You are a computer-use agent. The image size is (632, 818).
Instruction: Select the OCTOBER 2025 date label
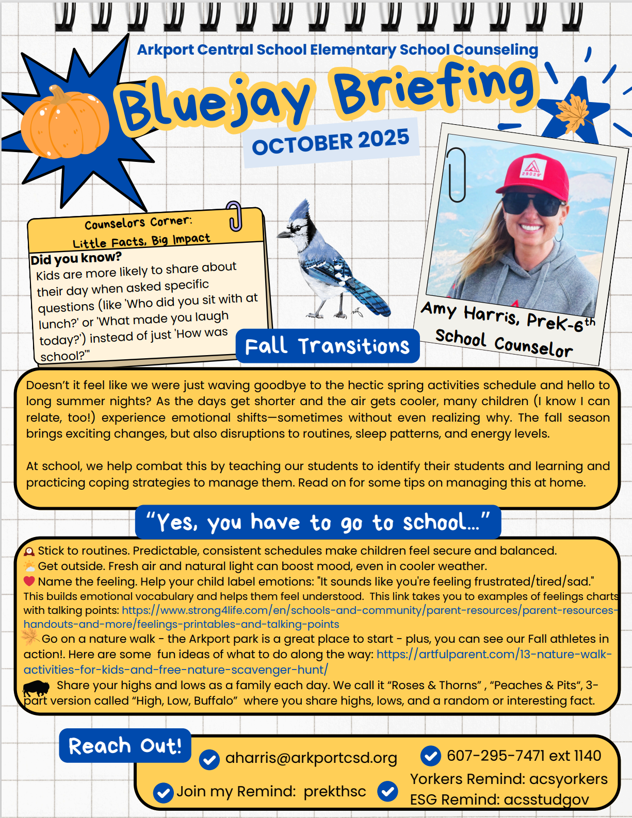coord(331,141)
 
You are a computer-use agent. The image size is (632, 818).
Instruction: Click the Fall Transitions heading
coord(327,346)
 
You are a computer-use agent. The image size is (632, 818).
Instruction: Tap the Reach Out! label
coord(125,746)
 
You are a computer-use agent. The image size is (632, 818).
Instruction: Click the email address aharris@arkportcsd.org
coord(311,758)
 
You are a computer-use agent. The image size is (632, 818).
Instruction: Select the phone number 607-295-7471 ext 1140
coord(524,756)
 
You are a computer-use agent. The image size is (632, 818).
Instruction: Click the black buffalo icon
coord(36,687)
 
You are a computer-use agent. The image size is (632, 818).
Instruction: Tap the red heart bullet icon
coord(29,581)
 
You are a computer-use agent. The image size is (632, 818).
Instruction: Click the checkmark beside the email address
coord(209,759)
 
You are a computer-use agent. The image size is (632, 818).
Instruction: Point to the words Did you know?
coord(76,258)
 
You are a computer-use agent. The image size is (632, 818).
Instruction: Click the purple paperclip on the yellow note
coord(235,215)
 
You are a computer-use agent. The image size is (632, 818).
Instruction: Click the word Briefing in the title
coord(433,88)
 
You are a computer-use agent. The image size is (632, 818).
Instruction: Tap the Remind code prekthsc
coord(335,791)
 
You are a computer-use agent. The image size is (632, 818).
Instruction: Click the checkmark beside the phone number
coord(430,756)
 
